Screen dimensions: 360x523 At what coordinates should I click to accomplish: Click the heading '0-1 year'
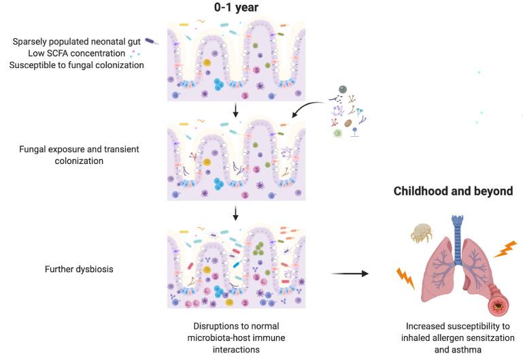[x=236, y=9]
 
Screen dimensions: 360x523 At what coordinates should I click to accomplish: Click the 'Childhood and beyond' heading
[x=453, y=191]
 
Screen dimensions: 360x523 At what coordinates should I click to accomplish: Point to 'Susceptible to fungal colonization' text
[x=76, y=65]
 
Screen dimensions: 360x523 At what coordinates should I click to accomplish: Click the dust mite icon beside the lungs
[x=422, y=233]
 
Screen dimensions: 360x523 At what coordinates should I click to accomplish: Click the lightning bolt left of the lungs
[x=406, y=278]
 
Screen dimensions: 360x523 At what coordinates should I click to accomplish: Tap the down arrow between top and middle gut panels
[x=235, y=110]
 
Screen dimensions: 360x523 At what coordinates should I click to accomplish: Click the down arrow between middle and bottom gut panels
[x=235, y=214]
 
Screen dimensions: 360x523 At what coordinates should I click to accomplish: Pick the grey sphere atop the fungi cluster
[x=343, y=89]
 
